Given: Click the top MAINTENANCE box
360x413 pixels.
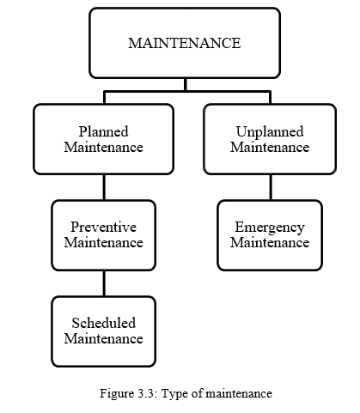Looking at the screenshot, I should tap(184, 43).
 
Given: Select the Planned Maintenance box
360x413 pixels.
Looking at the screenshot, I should tap(103, 139).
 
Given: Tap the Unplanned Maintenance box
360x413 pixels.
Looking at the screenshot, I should tap(269, 139).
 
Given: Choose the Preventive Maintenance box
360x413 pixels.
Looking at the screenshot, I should tap(103, 234).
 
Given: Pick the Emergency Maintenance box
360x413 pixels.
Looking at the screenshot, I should tap(269, 234).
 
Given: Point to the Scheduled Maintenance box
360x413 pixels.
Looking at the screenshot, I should tap(103, 331).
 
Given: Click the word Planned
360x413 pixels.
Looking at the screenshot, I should tap(103, 131).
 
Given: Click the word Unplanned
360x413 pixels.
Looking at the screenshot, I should tap(269, 131).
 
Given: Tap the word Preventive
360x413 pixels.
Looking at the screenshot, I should tap(103, 228).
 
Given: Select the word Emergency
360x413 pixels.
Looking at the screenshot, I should tap(269, 228).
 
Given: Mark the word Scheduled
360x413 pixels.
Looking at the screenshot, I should tap(103, 323).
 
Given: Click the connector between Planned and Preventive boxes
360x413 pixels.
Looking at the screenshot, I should tap(104, 187).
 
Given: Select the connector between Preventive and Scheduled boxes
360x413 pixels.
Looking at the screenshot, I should tap(104, 283).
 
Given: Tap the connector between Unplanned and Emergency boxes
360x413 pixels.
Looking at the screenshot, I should tap(270, 187).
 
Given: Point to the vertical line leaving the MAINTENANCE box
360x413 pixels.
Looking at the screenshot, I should tap(185, 84).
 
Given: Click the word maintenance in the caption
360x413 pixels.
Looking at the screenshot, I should tap(235, 393).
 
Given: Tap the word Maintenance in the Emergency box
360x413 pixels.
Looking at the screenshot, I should tap(269, 242).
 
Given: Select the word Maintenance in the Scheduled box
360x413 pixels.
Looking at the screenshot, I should tap(103, 338).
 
